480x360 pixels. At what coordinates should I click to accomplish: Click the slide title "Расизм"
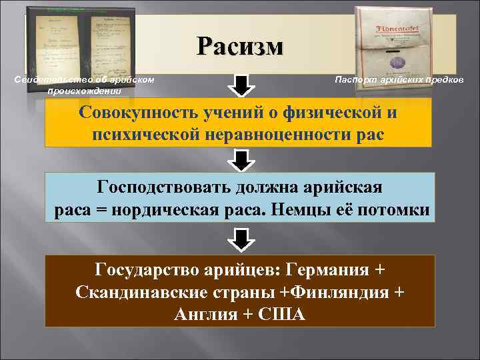tap(240, 46)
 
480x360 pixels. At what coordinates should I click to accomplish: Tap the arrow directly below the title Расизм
tap(241, 86)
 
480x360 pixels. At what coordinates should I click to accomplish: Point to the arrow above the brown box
tap(241, 238)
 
